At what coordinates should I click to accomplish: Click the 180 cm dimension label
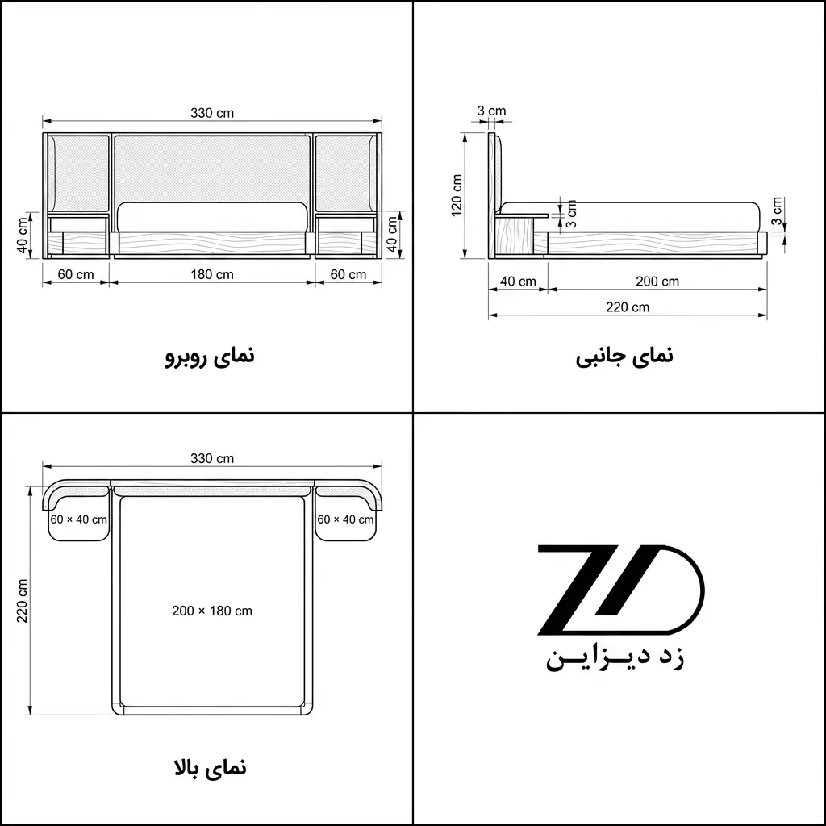(x=212, y=274)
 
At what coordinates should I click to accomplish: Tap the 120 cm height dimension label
(x=457, y=195)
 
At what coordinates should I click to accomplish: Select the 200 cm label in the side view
(x=657, y=282)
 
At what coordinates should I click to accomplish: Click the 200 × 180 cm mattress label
(x=212, y=611)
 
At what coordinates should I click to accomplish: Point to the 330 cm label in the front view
(x=212, y=113)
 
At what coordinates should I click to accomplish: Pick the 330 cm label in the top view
(x=212, y=458)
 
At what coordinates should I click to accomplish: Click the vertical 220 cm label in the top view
(x=22, y=601)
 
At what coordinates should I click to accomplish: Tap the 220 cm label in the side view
(x=628, y=307)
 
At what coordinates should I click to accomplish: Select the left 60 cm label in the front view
(x=76, y=274)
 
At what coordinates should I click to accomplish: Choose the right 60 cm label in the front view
(x=348, y=274)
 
